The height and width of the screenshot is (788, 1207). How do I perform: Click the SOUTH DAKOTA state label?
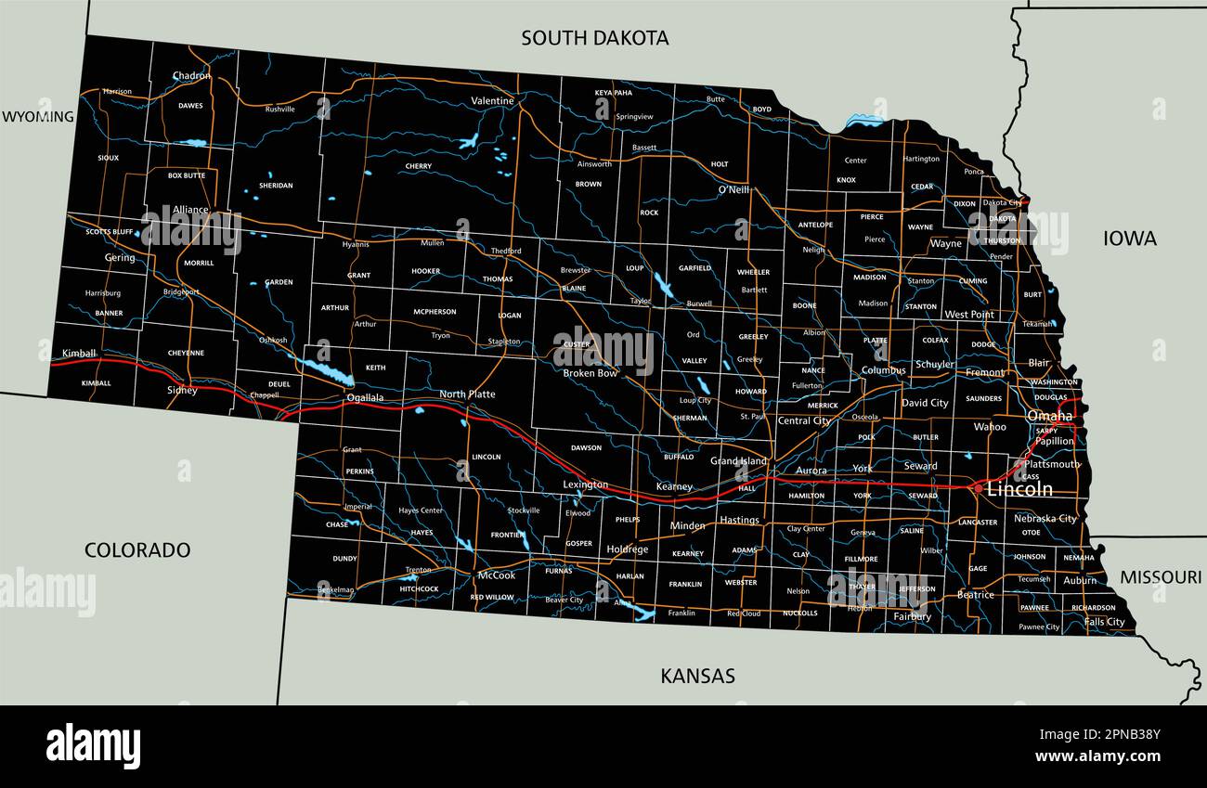(594, 38)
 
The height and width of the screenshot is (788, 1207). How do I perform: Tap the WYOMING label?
(37, 117)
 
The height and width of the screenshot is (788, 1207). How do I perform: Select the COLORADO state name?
(137, 549)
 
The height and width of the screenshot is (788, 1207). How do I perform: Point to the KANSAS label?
(697, 676)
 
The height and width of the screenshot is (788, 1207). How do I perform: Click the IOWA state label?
(1129, 239)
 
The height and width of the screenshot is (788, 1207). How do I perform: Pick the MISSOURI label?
(1160, 577)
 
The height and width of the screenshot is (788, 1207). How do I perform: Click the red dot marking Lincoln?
(978, 486)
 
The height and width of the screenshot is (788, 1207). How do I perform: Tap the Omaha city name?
(1049, 416)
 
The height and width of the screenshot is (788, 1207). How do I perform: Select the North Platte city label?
(467, 394)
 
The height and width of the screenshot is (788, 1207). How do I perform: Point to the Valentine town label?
(492, 100)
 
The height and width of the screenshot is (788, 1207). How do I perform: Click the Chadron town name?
(191, 76)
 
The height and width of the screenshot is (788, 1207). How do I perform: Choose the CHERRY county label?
(419, 167)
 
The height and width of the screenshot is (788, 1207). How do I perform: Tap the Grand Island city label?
(739, 461)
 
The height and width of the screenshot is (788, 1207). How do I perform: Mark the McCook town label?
(496, 575)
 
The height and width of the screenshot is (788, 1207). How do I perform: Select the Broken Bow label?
(591, 373)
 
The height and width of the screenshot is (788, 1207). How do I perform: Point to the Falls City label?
(1104, 622)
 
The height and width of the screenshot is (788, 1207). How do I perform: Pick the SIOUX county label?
(108, 158)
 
